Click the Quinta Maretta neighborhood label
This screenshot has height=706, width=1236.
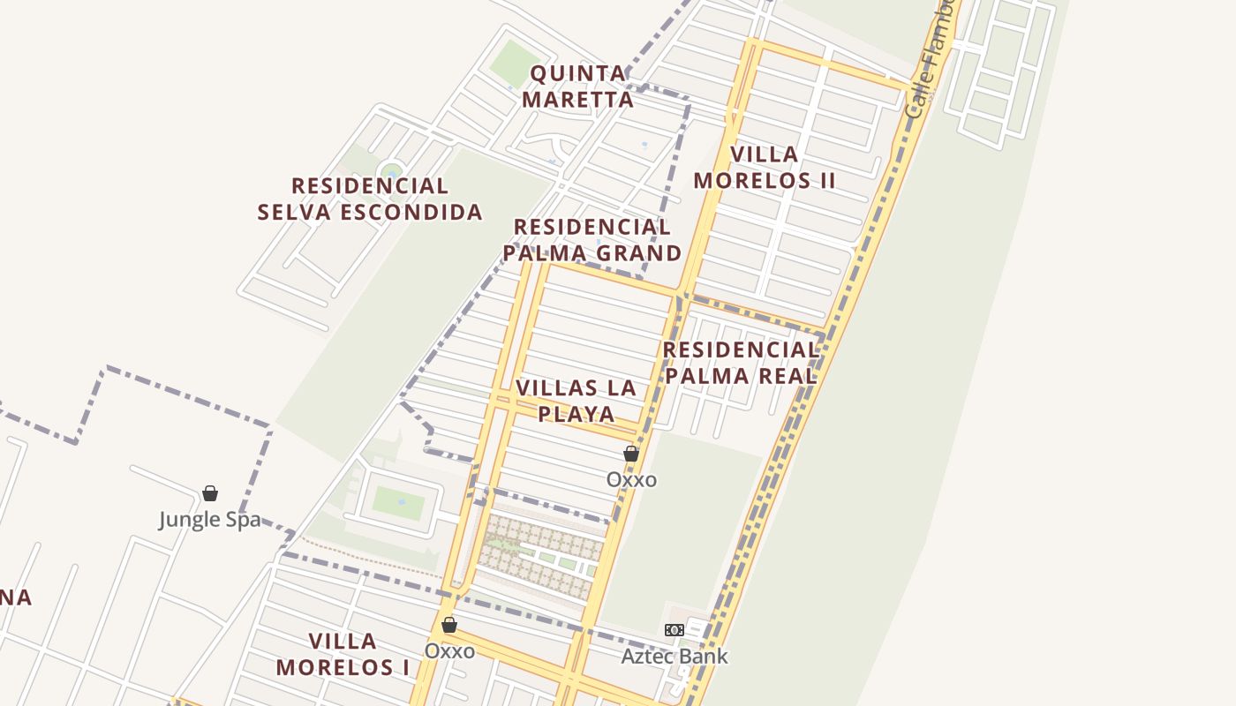pos(577,86)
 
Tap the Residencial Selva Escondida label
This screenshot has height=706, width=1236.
pos(370,199)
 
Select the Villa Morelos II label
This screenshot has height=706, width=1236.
pos(765,168)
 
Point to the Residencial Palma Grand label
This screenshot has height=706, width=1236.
pos(592,240)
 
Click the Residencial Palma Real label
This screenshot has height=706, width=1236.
pos(741,363)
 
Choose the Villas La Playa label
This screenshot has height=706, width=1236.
pos(577,401)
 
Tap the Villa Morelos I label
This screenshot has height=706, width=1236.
pos(343,654)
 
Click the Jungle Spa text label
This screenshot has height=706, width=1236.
pos(210,519)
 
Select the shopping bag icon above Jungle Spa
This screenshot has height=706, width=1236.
pos(210,493)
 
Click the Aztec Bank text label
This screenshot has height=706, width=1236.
pos(675,656)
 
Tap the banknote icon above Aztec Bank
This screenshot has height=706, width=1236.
pos(675,630)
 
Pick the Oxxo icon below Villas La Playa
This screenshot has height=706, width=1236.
pos(631,454)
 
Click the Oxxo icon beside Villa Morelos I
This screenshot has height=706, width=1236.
pos(449,625)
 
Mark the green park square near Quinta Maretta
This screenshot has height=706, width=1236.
pos(515,64)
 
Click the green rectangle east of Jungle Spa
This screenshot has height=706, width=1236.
pos(398,502)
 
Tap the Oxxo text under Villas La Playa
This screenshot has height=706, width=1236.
pos(631,479)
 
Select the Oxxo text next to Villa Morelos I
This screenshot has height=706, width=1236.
pos(449,650)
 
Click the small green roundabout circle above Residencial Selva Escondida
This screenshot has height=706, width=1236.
pos(391,169)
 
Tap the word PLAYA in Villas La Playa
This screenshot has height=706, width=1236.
pos(577,414)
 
